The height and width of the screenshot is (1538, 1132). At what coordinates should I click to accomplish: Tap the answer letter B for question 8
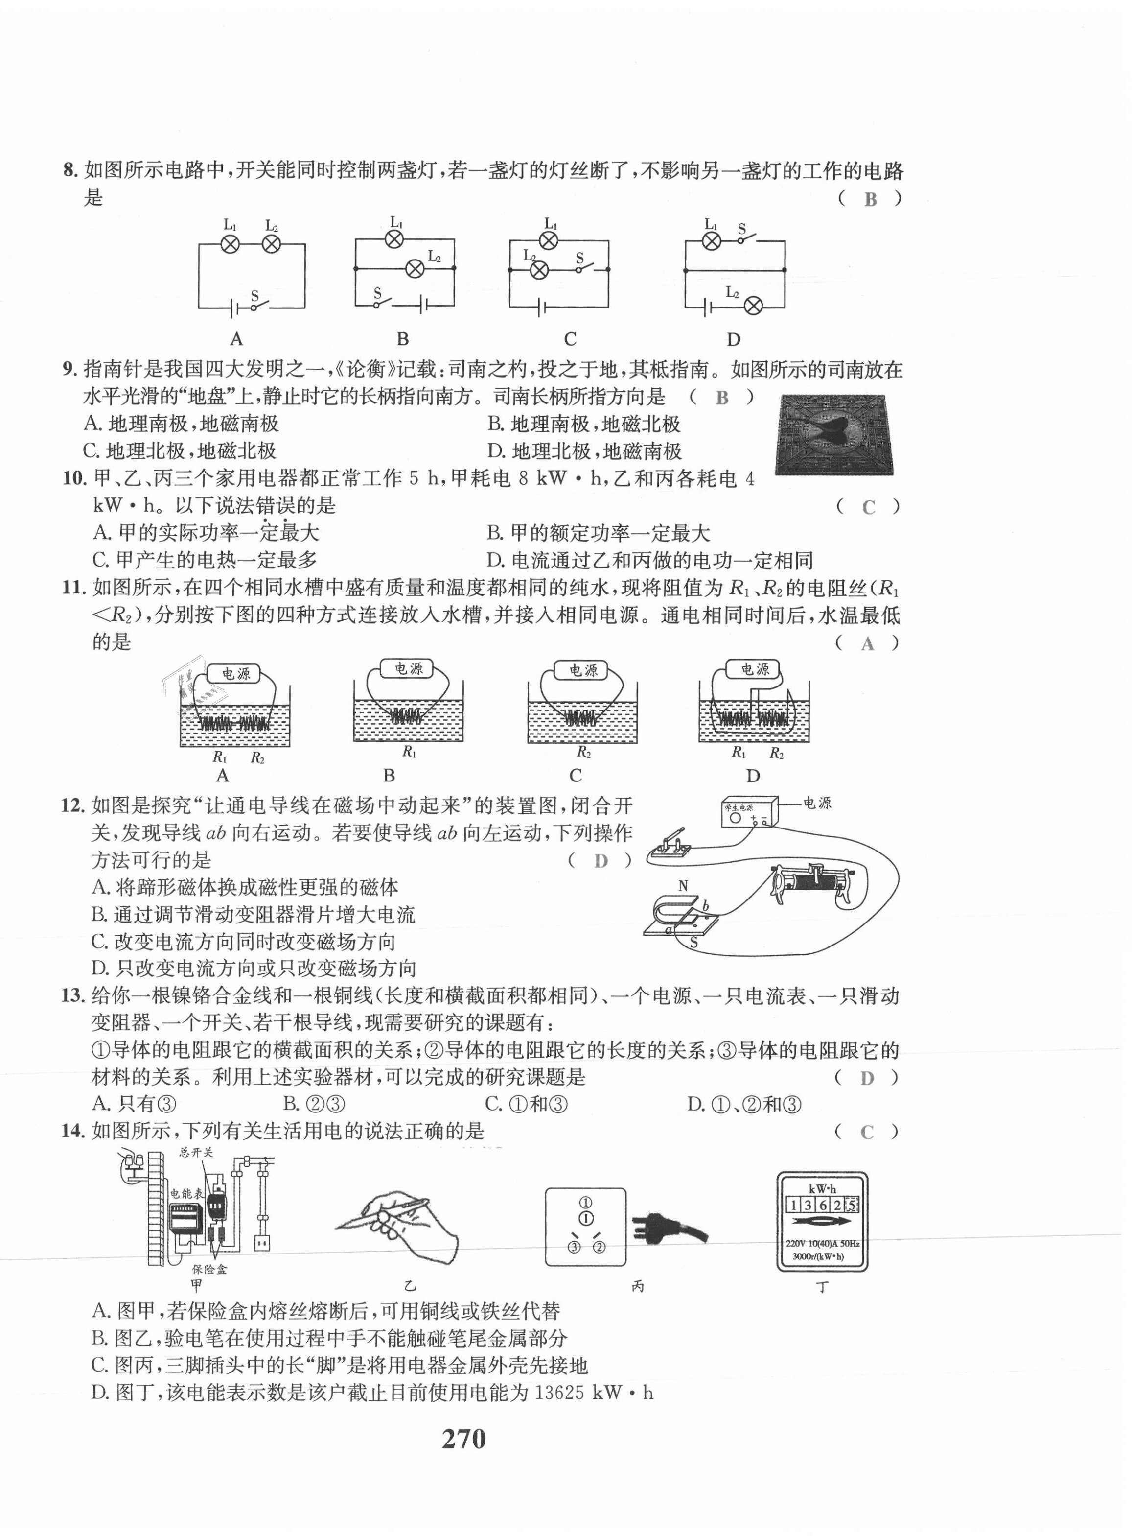(870, 199)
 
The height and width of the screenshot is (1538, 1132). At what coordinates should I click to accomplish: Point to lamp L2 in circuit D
(753, 306)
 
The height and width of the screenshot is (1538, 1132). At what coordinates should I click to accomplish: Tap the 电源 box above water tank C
(583, 670)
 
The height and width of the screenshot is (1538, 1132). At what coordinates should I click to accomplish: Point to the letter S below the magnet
(693, 943)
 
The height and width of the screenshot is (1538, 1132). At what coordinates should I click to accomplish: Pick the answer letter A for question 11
(868, 643)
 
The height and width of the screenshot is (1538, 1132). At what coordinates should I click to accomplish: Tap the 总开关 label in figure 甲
(196, 1152)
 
